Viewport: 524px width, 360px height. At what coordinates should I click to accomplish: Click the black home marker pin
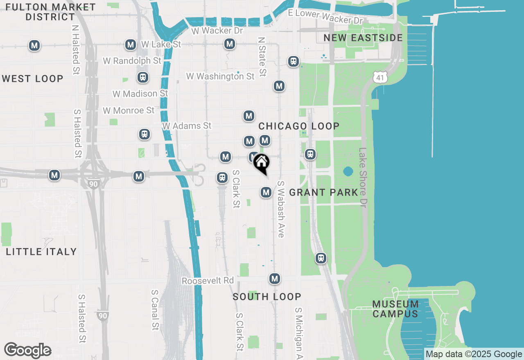(x=261, y=163)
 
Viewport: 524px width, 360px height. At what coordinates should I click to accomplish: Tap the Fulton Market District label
(x=51, y=12)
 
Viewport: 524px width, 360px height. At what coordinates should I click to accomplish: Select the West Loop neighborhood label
(x=33, y=79)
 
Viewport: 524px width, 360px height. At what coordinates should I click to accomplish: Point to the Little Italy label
(x=41, y=252)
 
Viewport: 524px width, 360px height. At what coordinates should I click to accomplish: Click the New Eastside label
(x=363, y=38)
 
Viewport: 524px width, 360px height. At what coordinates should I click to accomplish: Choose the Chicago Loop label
(x=299, y=126)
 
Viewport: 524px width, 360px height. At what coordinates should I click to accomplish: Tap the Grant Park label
(x=324, y=192)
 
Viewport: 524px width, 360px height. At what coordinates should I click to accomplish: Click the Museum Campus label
(x=395, y=309)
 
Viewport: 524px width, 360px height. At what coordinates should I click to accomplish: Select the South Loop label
(x=267, y=297)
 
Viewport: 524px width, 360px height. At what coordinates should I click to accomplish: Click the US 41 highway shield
(x=380, y=77)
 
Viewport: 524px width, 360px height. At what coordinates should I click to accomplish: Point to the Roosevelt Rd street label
(x=208, y=281)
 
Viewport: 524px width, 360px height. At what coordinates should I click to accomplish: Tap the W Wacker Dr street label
(x=217, y=31)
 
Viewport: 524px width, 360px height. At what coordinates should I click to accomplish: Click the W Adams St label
(x=187, y=126)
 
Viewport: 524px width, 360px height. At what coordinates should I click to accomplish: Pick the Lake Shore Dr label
(x=362, y=177)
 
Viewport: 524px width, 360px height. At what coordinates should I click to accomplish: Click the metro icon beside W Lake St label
(x=131, y=45)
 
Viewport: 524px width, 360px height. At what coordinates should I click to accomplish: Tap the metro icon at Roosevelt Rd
(x=275, y=279)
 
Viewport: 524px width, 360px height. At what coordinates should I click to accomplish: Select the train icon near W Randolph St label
(x=142, y=77)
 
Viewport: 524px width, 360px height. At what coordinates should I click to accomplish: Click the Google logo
(x=27, y=351)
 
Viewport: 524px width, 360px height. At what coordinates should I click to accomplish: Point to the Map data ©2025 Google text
(x=474, y=354)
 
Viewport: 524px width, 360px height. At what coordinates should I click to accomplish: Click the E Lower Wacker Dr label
(x=325, y=16)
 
